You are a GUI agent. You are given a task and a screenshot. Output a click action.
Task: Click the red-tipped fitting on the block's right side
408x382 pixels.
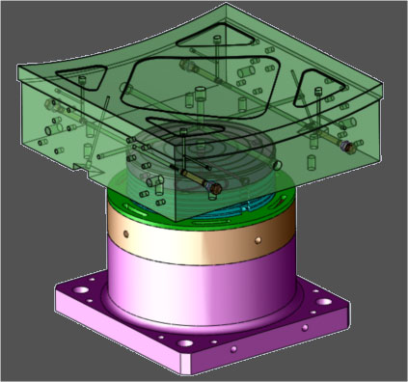(344, 147)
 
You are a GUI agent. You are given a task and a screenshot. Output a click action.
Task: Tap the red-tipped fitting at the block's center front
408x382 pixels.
(217, 183)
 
